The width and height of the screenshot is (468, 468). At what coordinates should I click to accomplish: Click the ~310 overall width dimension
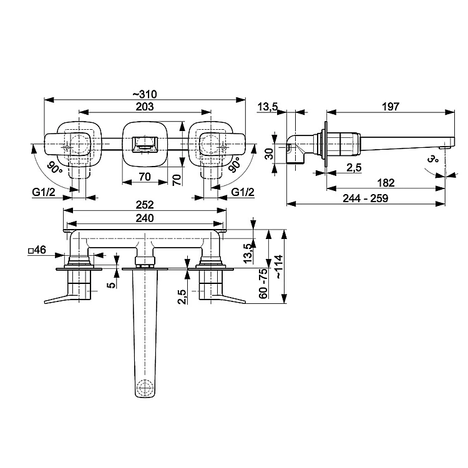145,94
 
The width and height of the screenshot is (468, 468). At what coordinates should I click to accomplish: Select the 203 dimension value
145,107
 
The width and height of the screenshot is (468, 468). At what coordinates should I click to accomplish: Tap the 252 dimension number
145,205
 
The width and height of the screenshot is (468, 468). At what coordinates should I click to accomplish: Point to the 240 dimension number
145,218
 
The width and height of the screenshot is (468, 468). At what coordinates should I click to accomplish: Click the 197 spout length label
391,107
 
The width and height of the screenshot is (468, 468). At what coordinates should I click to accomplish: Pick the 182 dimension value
386,183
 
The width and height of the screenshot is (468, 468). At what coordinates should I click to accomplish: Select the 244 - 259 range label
366,198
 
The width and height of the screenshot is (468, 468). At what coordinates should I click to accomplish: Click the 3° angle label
432,158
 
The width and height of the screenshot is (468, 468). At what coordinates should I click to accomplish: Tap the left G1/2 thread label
44,192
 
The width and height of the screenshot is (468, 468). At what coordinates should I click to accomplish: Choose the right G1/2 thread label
243,192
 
